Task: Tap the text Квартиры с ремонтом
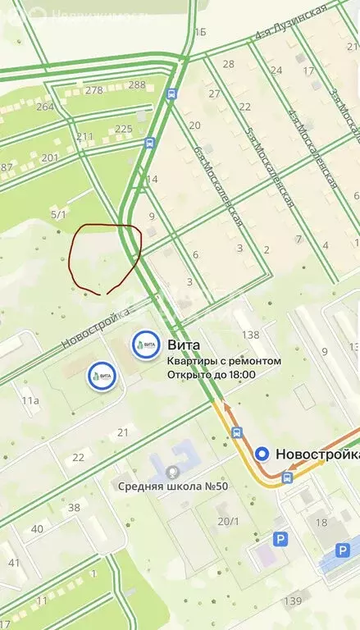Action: tap(224, 361)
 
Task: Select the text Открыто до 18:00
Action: tap(211, 375)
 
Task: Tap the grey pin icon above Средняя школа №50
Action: tap(172, 472)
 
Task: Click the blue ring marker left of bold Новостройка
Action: tap(262, 454)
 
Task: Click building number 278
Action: tap(94, 90)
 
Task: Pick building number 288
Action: tap(137, 84)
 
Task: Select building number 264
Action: tap(44, 107)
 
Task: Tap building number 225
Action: tap(124, 129)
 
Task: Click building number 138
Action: tap(250, 335)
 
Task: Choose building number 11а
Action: tap(30, 400)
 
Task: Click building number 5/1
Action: tap(58, 214)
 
